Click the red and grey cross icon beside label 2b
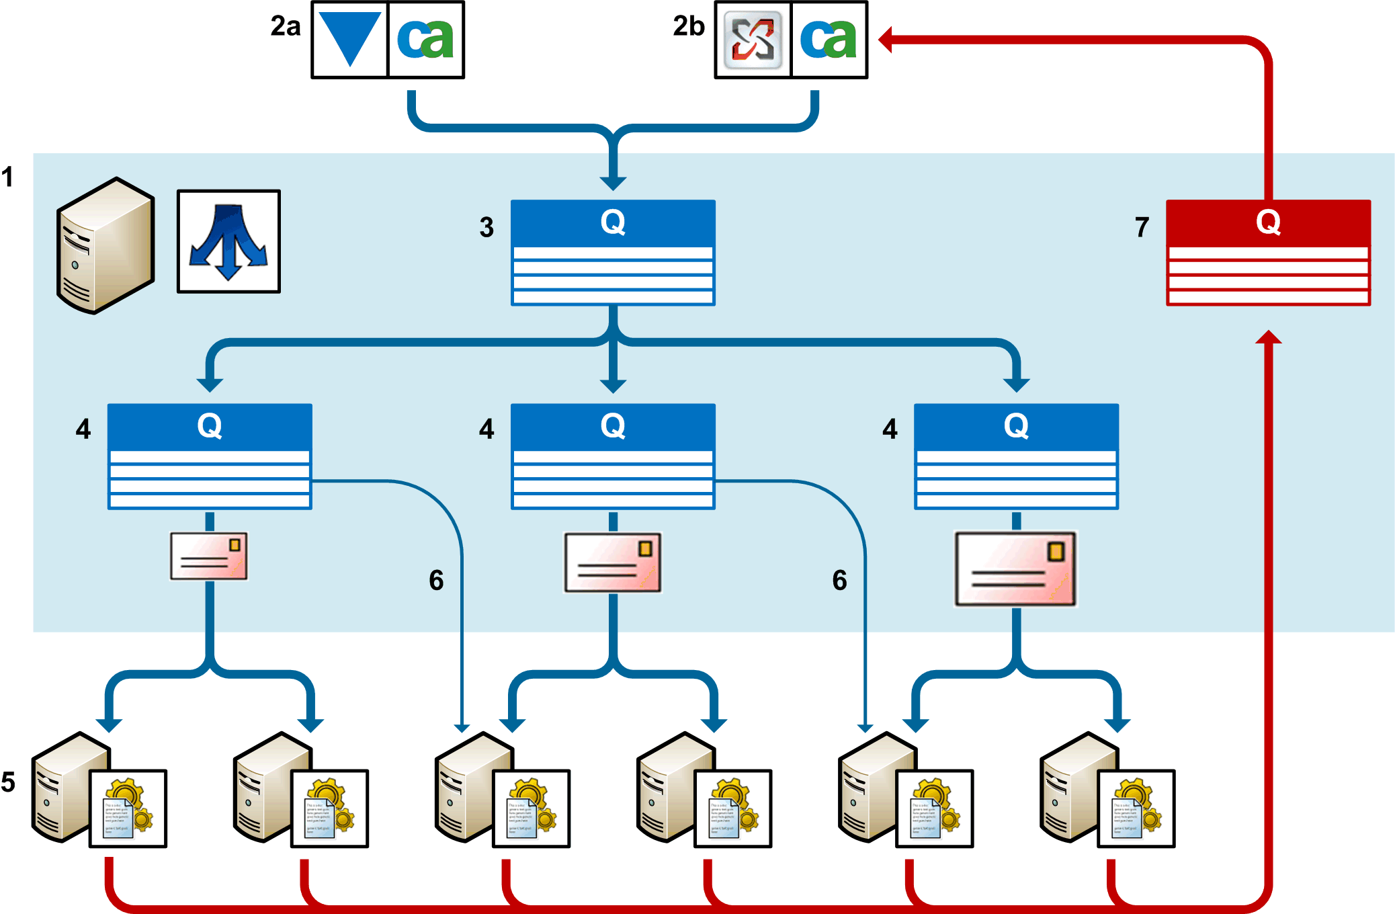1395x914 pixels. click(753, 40)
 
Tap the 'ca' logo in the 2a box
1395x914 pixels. click(426, 40)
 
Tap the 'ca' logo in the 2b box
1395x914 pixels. click(829, 40)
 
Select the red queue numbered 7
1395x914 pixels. click(1268, 253)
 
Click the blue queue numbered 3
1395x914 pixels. click(613, 253)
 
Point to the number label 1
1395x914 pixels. click(7, 177)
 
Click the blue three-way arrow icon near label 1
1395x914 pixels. click(228, 241)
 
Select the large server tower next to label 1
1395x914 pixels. click(105, 245)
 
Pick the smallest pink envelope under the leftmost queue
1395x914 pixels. click(209, 556)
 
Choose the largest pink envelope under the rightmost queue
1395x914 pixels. click(1015, 569)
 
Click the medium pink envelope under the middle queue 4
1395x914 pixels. click(613, 563)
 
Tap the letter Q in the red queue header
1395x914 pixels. click(1268, 222)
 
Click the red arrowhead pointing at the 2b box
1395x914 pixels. click(886, 40)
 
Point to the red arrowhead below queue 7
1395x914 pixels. click(1268, 337)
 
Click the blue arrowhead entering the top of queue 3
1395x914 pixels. click(613, 183)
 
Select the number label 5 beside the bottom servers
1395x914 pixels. click(8, 782)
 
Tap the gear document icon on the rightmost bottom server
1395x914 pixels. click(1136, 808)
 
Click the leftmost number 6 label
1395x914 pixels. click(436, 580)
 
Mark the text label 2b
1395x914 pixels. click(689, 26)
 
